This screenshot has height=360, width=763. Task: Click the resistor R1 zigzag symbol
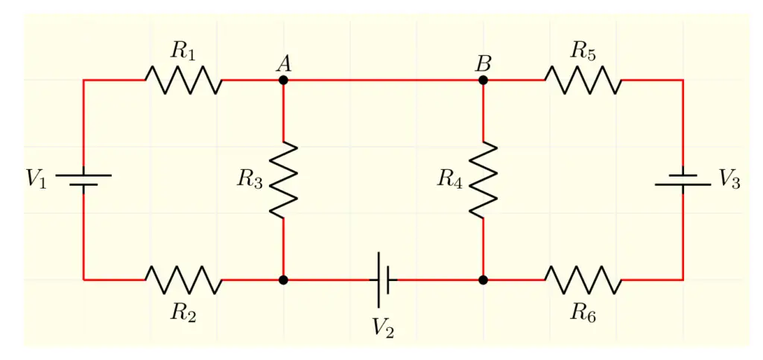pyautogui.click(x=183, y=80)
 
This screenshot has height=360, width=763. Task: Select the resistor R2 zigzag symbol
pyautogui.click(x=183, y=280)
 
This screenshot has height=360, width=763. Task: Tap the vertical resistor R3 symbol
pyautogui.click(x=283, y=180)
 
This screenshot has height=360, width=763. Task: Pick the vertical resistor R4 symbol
pyautogui.click(x=483, y=180)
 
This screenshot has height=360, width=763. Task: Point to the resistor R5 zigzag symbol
pyautogui.click(x=583, y=80)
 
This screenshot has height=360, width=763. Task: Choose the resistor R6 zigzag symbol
pyautogui.click(x=583, y=280)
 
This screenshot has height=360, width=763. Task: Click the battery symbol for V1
pyautogui.click(x=83, y=180)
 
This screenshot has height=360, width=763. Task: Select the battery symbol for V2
pyautogui.click(x=384, y=280)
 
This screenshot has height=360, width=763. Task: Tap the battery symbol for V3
pyautogui.click(x=683, y=180)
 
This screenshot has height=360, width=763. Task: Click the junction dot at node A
pyautogui.click(x=283, y=80)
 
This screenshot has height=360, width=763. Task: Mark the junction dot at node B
pyautogui.click(x=483, y=80)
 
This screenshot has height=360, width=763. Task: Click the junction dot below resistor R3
pyautogui.click(x=283, y=280)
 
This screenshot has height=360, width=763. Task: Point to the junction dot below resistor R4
pyautogui.click(x=483, y=280)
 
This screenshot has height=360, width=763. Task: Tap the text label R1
pyautogui.click(x=183, y=51)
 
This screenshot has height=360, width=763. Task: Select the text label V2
pyautogui.click(x=383, y=327)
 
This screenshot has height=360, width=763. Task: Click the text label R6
pyautogui.click(x=583, y=312)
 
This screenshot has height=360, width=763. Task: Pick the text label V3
pyautogui.click(x=729, y=180)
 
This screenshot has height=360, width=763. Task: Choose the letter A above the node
pyautogui.click(x=283, y=63)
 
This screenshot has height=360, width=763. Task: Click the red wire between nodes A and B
pyautogui.click(x=383, y=80)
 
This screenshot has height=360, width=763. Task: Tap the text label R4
pyautogui.click(x=449, y=179)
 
